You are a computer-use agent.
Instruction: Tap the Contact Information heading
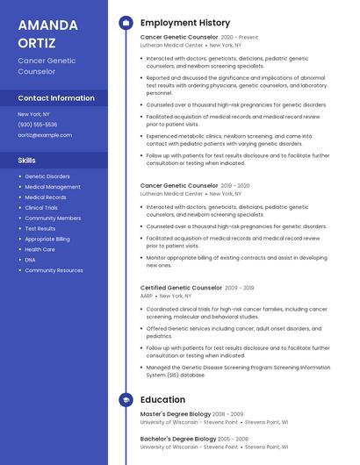pos(56,98)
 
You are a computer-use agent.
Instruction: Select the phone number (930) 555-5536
pos(38,125)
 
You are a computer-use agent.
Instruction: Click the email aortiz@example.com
pos(45,135)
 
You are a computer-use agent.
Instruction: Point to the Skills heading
pos(27,161)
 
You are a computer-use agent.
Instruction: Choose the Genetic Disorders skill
pos(47,176)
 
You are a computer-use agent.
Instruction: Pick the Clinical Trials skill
pos(41,208)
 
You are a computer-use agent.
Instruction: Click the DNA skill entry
pos(30,260)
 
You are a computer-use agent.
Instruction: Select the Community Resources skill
pos(54,270)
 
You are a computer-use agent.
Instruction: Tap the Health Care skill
pos(40,249)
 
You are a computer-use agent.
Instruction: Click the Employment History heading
pos(185,23)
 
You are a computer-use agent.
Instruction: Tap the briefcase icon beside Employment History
pos(126,23)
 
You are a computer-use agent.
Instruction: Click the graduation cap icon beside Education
pos(126,400)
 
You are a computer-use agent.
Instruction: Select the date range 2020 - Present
pos(240,38)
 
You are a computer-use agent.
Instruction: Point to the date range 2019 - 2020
pos(235,186)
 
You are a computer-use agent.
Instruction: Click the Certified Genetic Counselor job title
pos(181,288)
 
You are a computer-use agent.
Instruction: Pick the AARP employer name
pos(147,296)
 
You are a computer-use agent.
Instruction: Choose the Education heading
pos(163,400)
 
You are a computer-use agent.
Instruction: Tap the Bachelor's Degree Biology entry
pos(178,438)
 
